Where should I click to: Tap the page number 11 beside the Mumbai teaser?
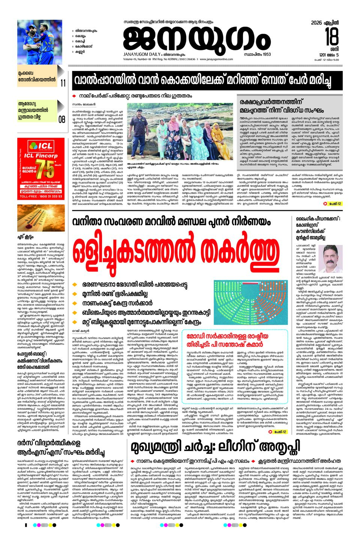pyautogui.click(x=63, y=83)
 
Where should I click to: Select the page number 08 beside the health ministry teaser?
pyautogui.click(x=62, y=120)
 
